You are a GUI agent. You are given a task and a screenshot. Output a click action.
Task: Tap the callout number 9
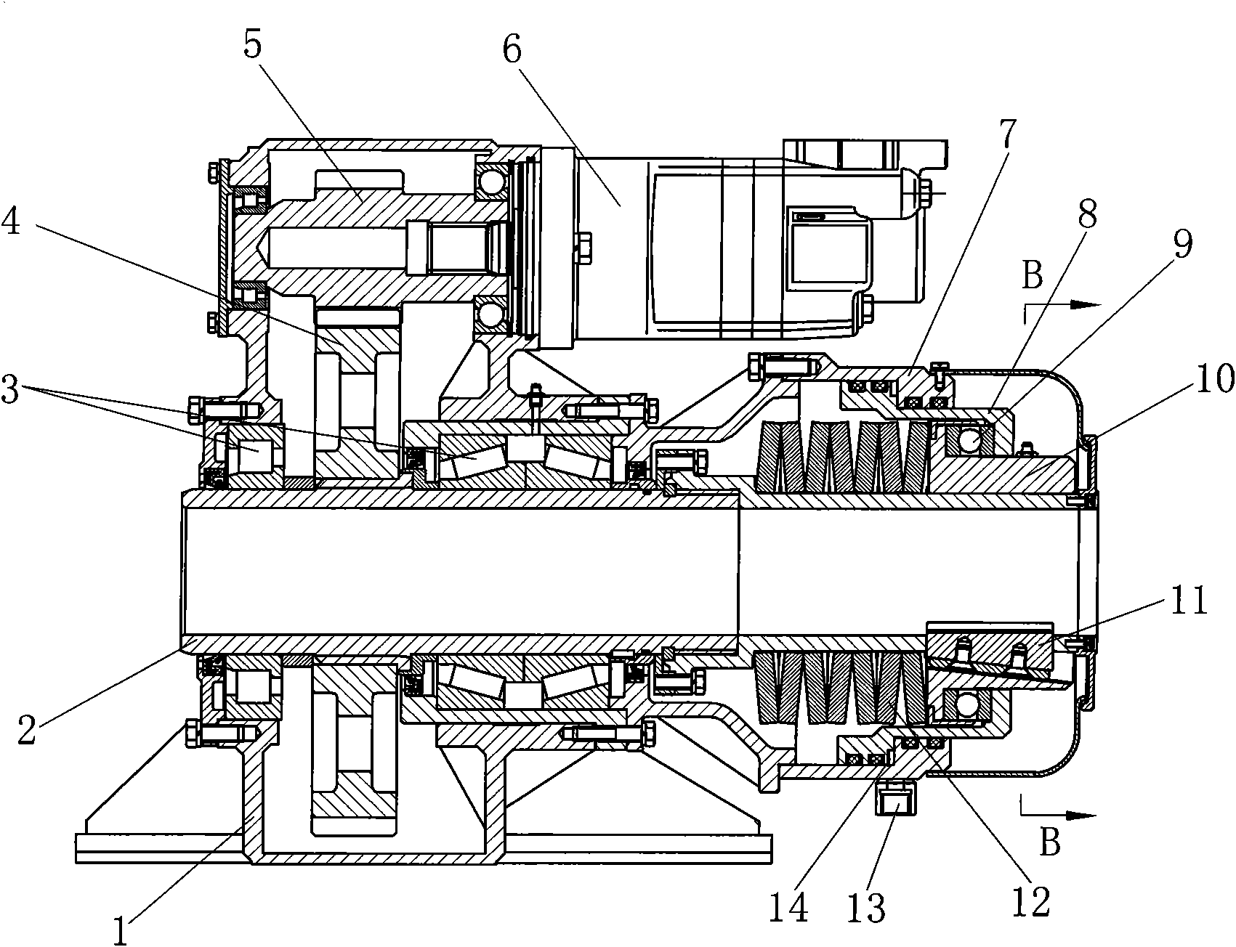click(x=1182, y=245)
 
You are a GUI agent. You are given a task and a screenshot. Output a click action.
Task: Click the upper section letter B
click(x=1033, y=275)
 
